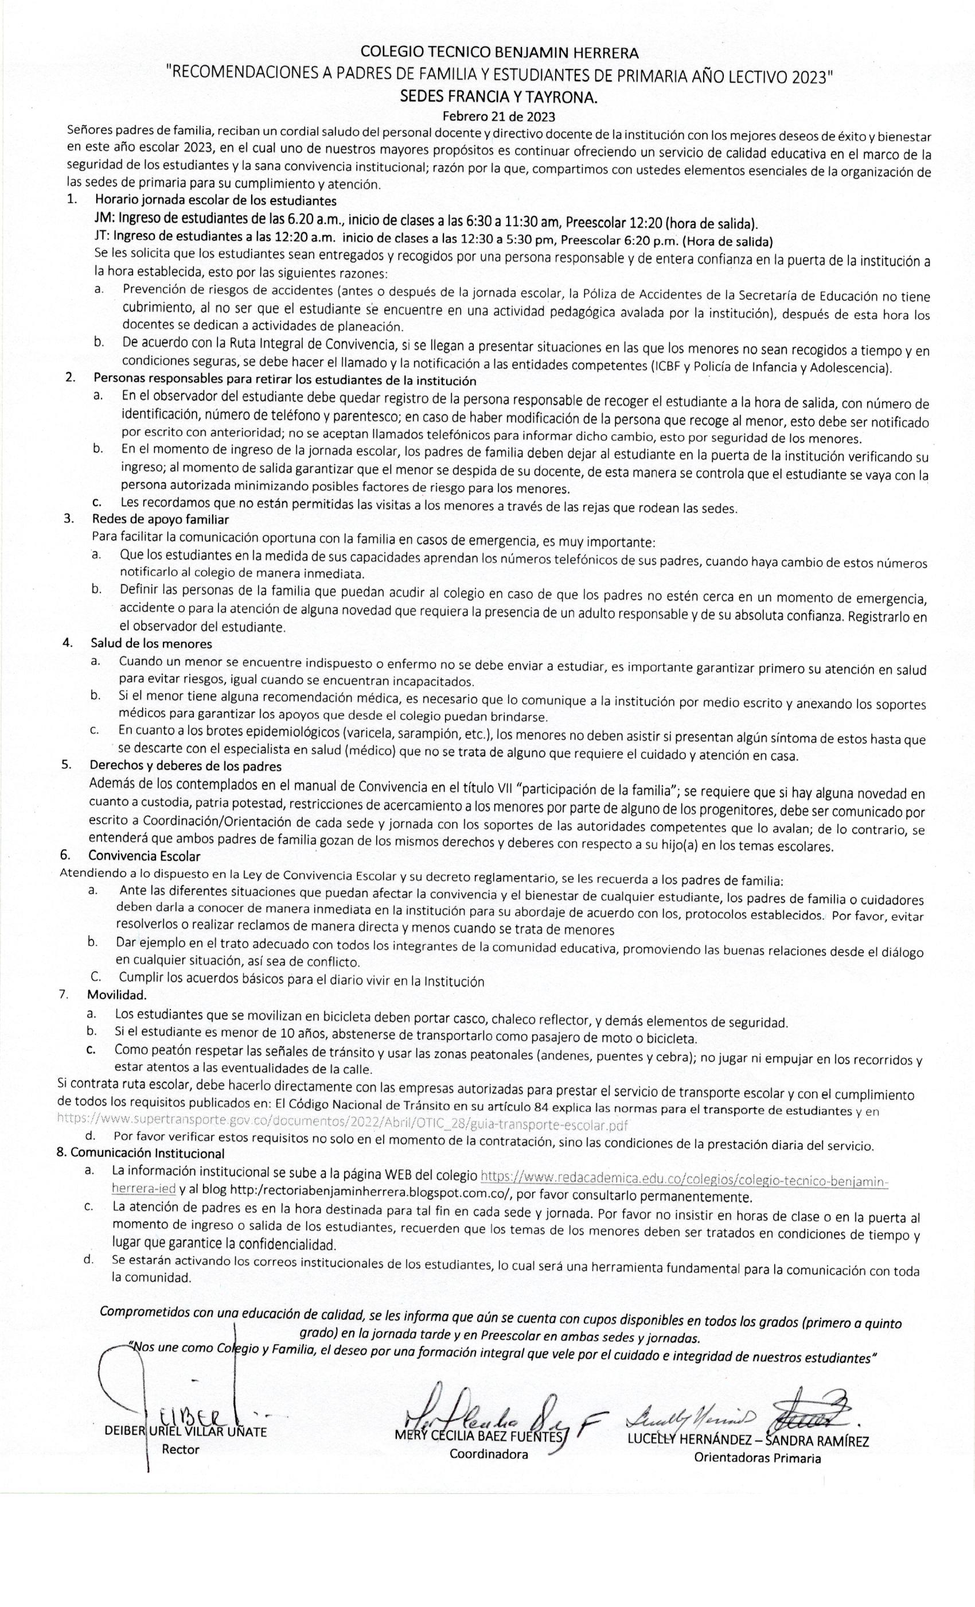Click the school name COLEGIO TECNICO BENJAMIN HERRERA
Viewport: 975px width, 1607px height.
(x=499, y=52)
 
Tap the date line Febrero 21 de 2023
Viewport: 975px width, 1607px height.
(x=498, y=117)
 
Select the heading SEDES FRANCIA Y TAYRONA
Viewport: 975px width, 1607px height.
(x=498, y=96)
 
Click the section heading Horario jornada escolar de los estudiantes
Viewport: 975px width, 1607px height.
(x=216, y=200)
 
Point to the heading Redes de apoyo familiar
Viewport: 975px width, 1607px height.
(x=161, y=519)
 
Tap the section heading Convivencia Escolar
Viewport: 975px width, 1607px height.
(x=144, y=856)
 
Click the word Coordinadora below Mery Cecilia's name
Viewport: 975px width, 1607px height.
(x=488, y=1455)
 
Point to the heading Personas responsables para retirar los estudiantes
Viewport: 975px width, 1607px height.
(x=285, y=379)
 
